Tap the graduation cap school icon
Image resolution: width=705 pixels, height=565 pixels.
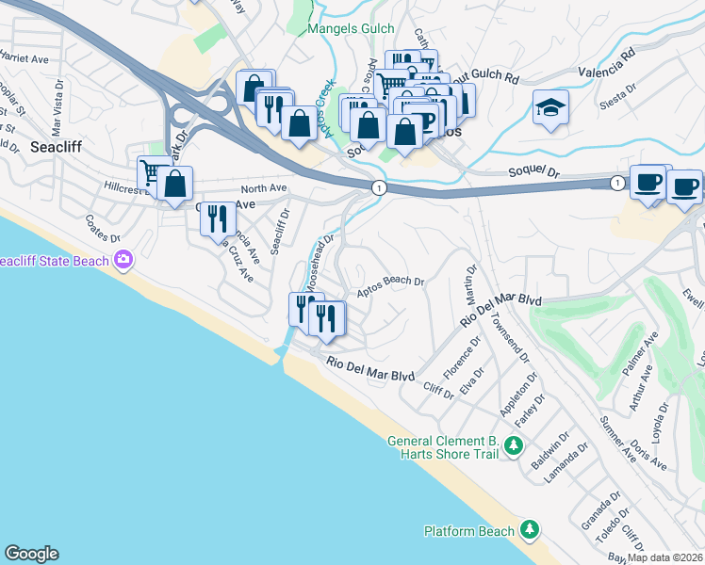[x=550, y=109]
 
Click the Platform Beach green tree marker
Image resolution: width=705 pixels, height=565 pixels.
[x=530, y=531]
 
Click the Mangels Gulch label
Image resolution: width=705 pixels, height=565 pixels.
[x=351, y=29]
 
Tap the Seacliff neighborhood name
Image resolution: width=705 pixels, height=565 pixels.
[x=60, y=148]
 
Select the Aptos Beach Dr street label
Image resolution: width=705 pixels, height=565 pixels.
[x=391, y=285]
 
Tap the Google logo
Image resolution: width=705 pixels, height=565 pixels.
[x=32, y=554]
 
